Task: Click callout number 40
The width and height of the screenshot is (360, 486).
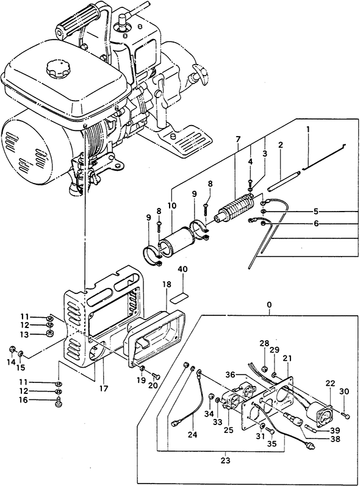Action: [182, 270]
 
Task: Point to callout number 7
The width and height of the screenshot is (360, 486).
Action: [237, 139]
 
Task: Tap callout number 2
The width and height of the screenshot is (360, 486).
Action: [280, 145]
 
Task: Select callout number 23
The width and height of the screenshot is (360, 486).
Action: [226, 460]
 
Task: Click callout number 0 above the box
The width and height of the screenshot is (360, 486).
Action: [269, 305]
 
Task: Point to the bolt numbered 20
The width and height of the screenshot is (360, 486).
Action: [156, 376]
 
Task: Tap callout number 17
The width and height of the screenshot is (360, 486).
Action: [104, 388]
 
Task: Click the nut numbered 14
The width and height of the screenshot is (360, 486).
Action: [12, 349]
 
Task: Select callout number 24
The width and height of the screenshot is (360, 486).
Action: [192, 435]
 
